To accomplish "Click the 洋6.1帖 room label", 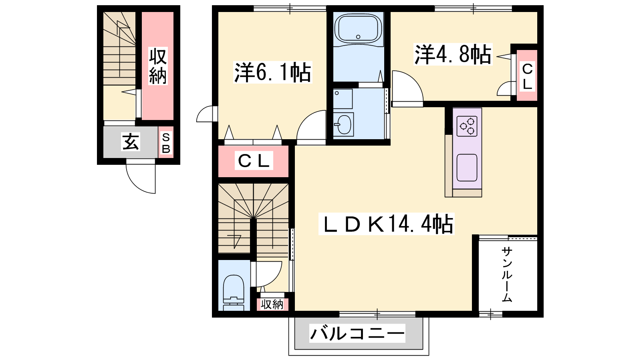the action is [273, 72].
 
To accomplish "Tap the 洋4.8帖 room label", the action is [453, 54].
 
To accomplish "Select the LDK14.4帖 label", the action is [386, 224].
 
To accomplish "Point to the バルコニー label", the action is [357, 333].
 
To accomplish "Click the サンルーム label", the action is [507, 275].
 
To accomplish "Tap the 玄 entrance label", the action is [131, 142].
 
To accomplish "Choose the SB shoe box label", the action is [166, 143].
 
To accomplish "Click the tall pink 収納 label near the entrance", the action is [158, 66].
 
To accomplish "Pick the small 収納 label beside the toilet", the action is [272, 304].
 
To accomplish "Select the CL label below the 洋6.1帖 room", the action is [254, 162].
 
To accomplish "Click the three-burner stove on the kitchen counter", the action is [467, 126].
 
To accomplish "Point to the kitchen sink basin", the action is [467, 168].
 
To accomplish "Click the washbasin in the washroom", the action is [343, 124].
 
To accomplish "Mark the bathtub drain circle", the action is [358, 36].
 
